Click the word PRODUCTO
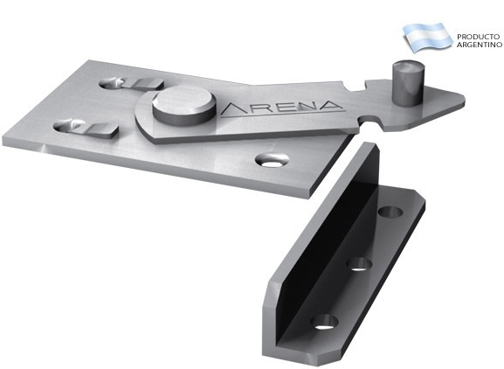point(479,37)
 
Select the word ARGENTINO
point(480,45)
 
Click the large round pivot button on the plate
point(184,106)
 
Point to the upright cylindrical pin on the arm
point(406,83)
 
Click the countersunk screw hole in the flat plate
point(272,160)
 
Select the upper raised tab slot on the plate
point(132,83)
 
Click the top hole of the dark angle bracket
point(390,212)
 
